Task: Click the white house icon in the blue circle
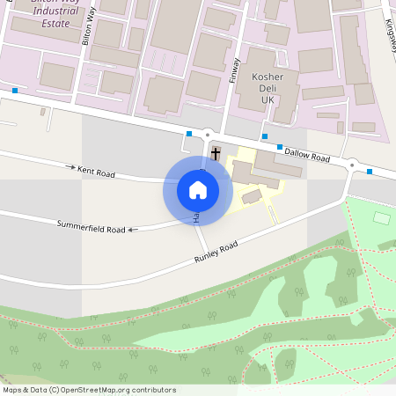[198, 189]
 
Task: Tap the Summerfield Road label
[92, 229]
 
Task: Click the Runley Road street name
[216, 253]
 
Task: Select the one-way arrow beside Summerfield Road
[132, 231]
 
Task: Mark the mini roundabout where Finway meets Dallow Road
[208, 135]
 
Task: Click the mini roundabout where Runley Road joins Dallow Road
[351, 165]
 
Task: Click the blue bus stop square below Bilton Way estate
[15, 91]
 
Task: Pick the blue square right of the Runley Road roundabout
[370, 172]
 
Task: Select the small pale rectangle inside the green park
[381, 216]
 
